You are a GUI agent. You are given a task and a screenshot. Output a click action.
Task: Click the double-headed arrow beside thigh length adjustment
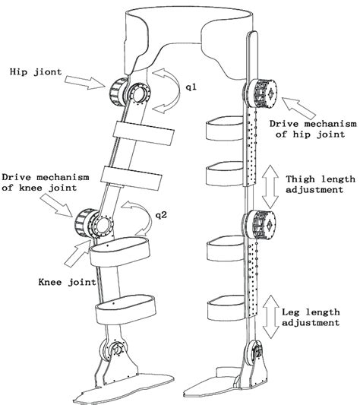270,186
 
